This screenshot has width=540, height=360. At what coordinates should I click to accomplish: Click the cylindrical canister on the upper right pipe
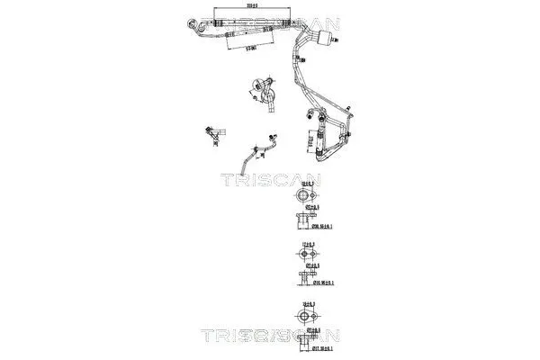(x=325, y=35)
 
